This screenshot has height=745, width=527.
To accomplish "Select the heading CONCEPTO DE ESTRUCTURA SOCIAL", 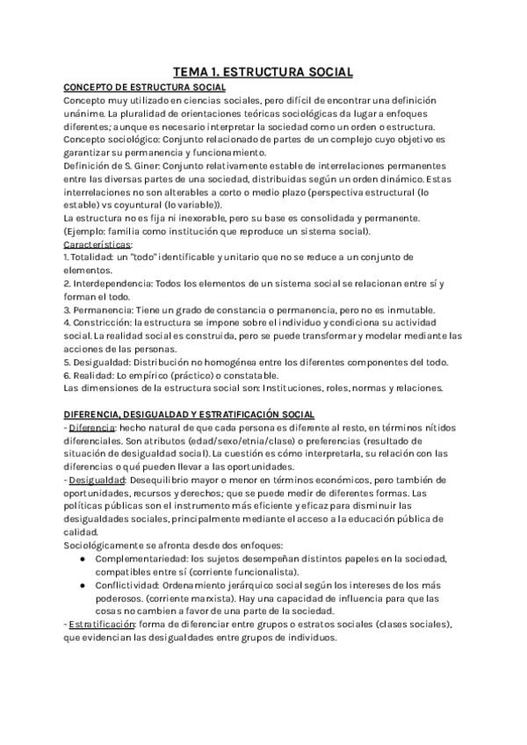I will click(x=145, y=88).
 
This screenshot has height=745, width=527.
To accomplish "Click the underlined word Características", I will click(x=97, y=243).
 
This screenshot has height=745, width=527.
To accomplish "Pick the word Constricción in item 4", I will click(x=97, y=322).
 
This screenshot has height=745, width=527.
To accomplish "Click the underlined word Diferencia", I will click(x=91, y=426).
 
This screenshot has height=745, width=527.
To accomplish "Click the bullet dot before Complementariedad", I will click(x=83, y=559).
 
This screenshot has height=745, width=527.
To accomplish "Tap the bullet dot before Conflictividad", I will click(x=83, y=584).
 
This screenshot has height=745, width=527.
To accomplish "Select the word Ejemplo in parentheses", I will click(x=90, y=231).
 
